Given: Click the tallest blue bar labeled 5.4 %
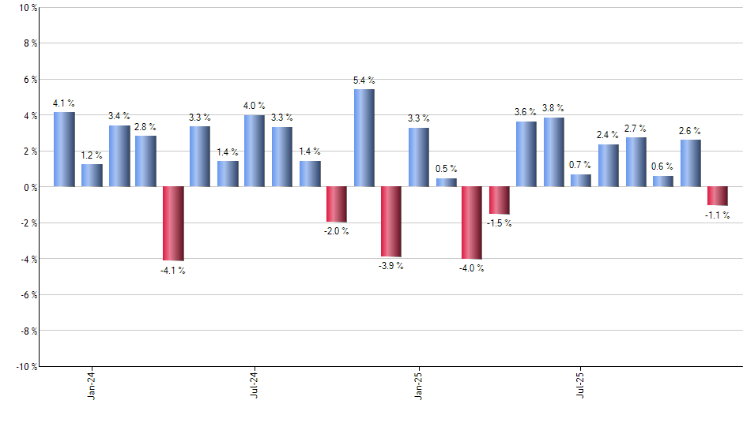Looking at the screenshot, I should (x=364, y=138).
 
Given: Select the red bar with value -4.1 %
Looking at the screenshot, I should (x=173, y=223).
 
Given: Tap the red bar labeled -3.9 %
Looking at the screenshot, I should (x=391, y=222).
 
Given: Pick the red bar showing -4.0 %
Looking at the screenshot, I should (x=472, y=223).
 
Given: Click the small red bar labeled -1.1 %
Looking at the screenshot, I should (x=717, y=196).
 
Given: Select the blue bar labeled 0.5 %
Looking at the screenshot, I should (x=446, y=182).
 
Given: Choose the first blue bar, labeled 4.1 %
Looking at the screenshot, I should (x=64, y=149).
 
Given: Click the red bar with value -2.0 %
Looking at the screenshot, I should (x=337, y=204).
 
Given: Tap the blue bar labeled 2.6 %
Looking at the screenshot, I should (x=690, y=163).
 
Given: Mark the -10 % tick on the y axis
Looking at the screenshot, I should (x=24, y=366).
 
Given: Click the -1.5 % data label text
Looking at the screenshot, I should (x=499, y=223).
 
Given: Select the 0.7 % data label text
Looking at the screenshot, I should (x=580, y=165).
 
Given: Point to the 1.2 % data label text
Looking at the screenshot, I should (x=92, y=155).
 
